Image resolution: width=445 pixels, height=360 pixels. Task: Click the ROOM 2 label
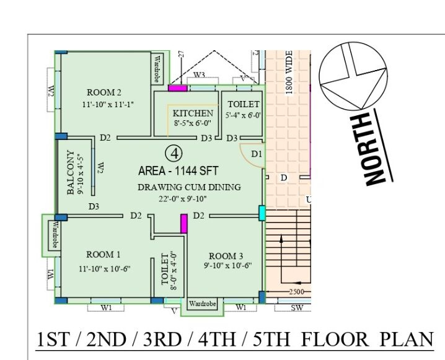pyautogui.click(x=104, y=92)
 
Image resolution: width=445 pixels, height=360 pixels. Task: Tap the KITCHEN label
pyautogui.click(x=193, y=113)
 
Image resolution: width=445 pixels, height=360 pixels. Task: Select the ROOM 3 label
pyautogui.click(x=226, y=256)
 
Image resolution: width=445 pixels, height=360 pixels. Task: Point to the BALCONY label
pyautogui.click(x=71, y=172)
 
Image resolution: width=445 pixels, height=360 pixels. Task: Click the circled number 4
pyautogui.click(x=174, y=154)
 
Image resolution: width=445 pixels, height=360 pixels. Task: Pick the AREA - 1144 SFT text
pyautogui.click(x=178, y=171)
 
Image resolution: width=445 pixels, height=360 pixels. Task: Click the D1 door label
pyautogui.click(x=257, y=154)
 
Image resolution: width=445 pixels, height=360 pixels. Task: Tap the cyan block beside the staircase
pyautogui.click(x=262, y=213)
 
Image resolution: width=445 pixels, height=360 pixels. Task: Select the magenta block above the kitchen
pyautogui.click(x=178, y=88)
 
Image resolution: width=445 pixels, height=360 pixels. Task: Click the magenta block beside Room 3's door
pyautogui.click(x=184, y=224)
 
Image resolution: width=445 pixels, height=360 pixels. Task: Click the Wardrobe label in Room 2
pyautogui.click(x=157, y=69)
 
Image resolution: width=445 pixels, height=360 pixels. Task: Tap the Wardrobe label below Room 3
pyautogui.click(x=202, y=304)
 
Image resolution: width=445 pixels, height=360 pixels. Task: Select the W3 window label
pyautogui.click(x=199, y=75)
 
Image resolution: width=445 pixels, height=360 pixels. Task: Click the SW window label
pyautogui.click(x=297, y=307)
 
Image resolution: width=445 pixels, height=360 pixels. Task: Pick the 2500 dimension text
pyautogui.click(x=297, y=292)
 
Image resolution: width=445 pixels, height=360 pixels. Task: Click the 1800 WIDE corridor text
pyautogui.click(x=289, y=72)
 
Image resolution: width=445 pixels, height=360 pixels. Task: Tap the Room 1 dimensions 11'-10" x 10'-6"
pyautogui.click(x=105, y=268)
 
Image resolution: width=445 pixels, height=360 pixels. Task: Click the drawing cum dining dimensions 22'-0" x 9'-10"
pyautogui.click(x=183, y=199)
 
